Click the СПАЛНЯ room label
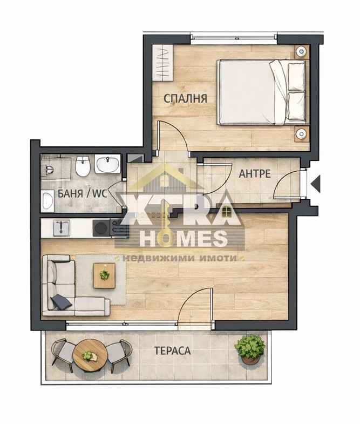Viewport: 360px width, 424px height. click(186, 98)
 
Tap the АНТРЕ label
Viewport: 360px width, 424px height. click(255, 173)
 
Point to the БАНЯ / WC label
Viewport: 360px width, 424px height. click(83, 193)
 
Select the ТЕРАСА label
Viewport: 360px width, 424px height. click(172, 351)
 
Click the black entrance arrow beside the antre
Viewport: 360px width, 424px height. click(316, 184)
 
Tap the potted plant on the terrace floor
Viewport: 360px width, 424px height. click(249, 350)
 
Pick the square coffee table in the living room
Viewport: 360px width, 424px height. click(104, 275)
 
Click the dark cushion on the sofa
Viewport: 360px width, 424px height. click(61, 301)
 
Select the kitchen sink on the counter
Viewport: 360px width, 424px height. click(62, 228)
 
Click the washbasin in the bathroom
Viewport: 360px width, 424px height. click(107, 163)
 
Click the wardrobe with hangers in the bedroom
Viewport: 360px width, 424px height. click(162, 63)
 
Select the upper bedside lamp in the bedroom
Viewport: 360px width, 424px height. click(301, 51)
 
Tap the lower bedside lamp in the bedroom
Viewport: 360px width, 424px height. click(301, 133)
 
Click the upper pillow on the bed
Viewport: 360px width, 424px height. click(297, 77)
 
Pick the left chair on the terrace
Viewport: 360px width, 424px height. click(63, 355)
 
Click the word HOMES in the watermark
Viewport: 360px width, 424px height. click(184, 239)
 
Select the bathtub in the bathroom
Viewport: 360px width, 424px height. click(48, 200)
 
